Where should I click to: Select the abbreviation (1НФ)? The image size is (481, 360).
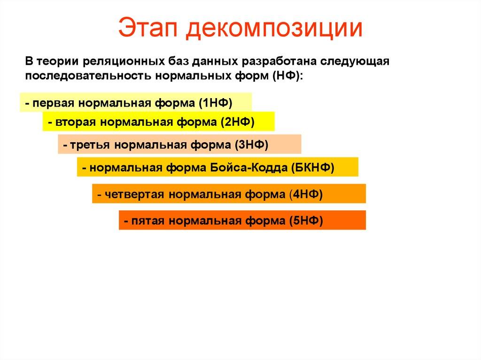pyautogui.click(x=216, y=103)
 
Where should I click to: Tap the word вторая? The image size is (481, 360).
pyautogui.click(x=75, y=123)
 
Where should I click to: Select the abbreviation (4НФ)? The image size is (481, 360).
pyautogui.click(x=306, y=194)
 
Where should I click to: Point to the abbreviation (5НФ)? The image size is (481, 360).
pyautogui.click(x=306, y=221)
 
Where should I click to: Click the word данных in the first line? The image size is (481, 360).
pyautogui.click(x=220, y=62)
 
